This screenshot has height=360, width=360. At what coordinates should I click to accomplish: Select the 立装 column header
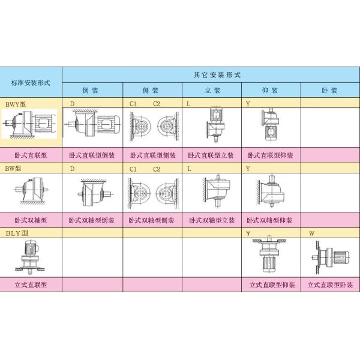tap(212, 91)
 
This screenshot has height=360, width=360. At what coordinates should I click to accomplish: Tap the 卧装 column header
tap(329, 91)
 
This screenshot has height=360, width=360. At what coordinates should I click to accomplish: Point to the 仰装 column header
tap(271, 91)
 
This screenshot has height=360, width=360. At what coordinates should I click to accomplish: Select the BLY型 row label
tap(17, 233)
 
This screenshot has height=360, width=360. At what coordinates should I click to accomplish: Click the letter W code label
tap(311, 232)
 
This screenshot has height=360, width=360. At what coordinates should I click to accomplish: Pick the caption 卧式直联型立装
tap(211, 155)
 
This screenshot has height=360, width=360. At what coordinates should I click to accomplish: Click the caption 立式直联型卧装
tap(329, 286)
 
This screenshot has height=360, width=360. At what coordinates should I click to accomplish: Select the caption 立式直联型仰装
tap(271, 286)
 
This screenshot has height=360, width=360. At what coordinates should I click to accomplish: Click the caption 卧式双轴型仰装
tap(271, 220)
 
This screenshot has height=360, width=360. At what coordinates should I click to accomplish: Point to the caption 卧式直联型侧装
tap(152, 155)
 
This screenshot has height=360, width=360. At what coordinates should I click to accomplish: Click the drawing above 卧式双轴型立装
tap(212, 192)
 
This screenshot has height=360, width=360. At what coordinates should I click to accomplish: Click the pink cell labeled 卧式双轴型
tap(31, 220)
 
